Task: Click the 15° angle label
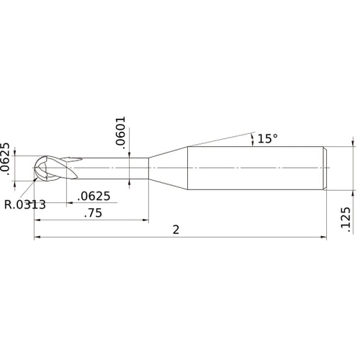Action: tap(267, 138)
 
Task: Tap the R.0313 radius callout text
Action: tap(24, 204)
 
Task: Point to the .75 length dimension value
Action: tap(92, 212)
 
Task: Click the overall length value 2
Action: tap(176, 229)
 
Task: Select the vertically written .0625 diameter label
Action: tap(6, 158)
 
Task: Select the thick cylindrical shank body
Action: tap(256, 168)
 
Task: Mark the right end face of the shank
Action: tap(325, 168)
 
